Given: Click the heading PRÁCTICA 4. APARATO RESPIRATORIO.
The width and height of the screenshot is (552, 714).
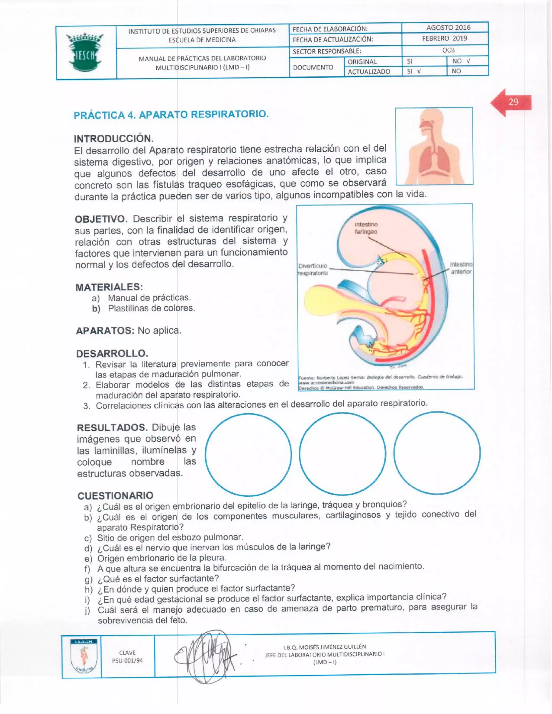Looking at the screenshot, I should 171,115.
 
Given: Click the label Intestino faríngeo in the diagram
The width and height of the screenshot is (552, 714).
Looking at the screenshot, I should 366,228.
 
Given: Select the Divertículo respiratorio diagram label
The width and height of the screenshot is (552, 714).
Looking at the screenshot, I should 313,269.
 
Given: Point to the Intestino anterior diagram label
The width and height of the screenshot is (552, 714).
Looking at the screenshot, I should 461,268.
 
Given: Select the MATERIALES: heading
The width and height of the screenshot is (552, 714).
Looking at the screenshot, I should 109,287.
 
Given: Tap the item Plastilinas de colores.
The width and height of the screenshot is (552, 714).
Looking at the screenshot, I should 151,308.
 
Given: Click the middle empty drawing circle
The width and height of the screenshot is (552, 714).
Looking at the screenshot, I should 342,453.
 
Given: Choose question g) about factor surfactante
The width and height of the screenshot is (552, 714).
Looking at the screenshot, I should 158,578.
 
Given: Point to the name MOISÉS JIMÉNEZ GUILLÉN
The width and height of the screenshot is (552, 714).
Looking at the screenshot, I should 325,647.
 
